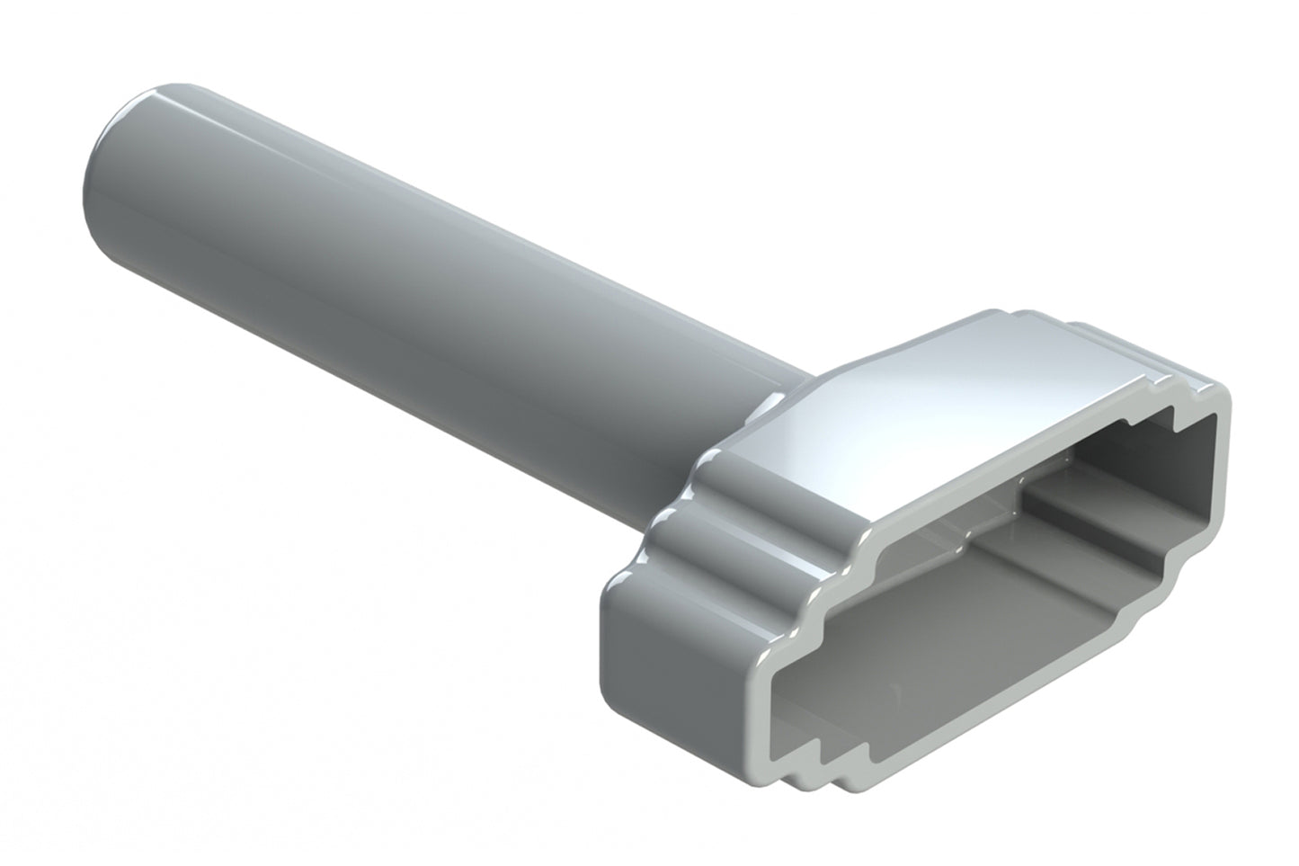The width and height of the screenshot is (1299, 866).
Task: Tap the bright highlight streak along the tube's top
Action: tap(449, 216)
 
